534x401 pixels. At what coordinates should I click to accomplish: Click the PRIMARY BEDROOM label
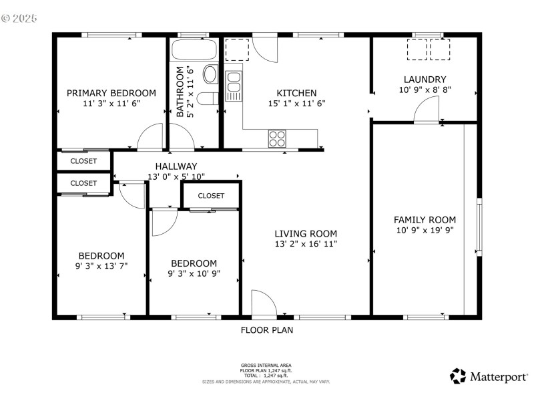[111, 93]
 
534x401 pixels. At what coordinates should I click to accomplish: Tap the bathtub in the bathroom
[194, 50]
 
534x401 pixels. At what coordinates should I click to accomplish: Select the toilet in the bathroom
[208, 99]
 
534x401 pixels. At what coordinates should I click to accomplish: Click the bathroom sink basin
[210, 74]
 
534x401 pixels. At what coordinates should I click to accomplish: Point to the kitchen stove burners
[277, 138]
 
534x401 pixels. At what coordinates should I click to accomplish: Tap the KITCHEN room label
[296, 93]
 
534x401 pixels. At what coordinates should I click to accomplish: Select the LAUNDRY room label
[425, 79]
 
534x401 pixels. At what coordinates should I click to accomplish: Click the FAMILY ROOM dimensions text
[425, 231]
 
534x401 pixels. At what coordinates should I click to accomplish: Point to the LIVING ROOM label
[306, 233]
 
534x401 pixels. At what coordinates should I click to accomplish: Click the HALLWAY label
[176, 166]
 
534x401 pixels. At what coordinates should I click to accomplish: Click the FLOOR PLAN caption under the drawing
[266, 329]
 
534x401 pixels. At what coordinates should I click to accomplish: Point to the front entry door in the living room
[264, 303]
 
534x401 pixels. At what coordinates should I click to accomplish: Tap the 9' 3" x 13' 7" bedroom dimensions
[101, 265]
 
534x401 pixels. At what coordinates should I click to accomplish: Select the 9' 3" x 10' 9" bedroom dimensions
[194, 273]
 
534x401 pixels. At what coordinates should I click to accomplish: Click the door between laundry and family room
[426, 110]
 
